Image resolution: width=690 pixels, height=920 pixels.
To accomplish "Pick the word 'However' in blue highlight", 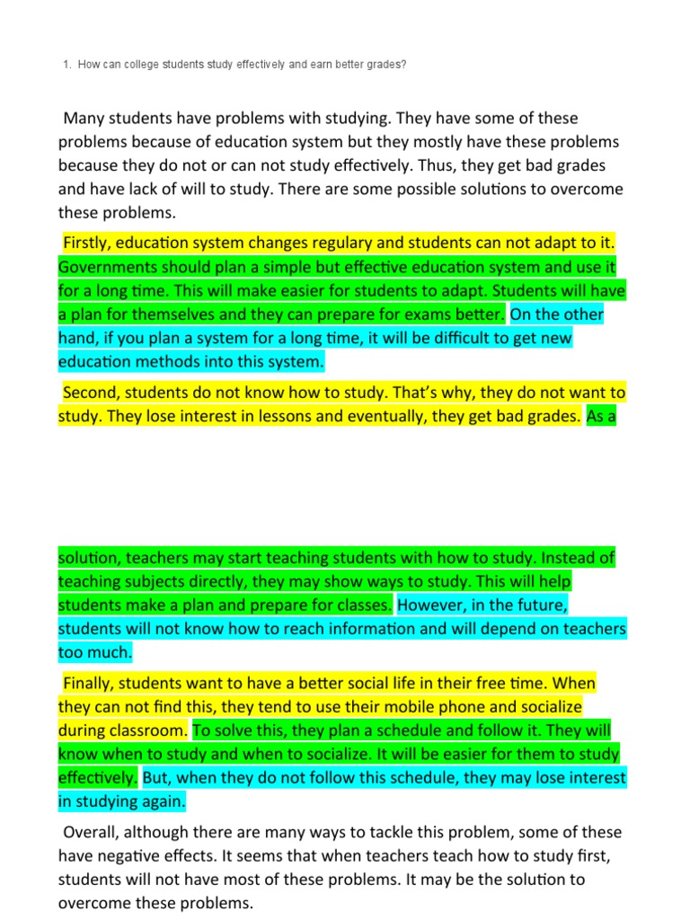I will pyautogui.click(x=431, y=605).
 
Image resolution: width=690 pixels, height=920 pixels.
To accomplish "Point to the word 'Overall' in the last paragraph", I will pyautogui.click(x=91, y=832).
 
